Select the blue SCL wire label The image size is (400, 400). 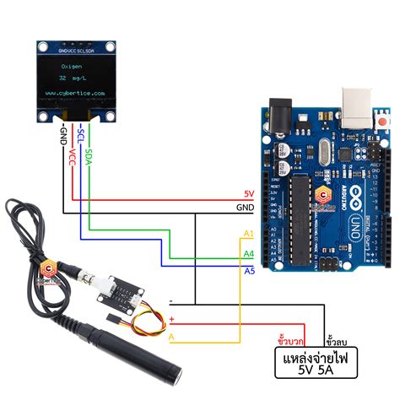tap(81, 135)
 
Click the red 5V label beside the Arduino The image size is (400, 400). tap(248, 193)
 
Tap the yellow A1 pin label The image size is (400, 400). tap(247, 233)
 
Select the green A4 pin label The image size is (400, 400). tap(248, 253)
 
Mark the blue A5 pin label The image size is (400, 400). tap(248, 270)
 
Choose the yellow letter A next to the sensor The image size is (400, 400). tap(171, 338)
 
